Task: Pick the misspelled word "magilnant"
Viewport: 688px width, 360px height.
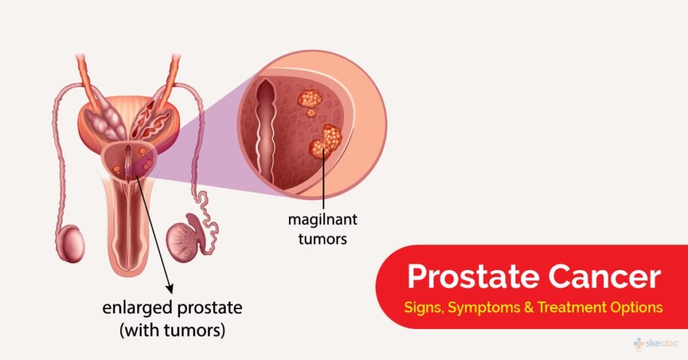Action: tap(322, 219)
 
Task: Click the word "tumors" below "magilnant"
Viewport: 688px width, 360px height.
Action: tap(322, 239)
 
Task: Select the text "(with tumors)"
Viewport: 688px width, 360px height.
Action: tap(173, 330)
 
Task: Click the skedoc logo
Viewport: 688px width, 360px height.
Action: tap(656, 343)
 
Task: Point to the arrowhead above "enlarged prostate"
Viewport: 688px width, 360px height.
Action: tap(169, 289)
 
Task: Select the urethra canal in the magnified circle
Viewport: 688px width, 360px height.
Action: tap(265, 132)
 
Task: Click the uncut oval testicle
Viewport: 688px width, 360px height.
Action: tap(71, 243)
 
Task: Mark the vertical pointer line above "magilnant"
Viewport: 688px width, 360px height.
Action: tap(324, 180)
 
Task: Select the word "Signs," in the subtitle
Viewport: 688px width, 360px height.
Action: tap(424, 308)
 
